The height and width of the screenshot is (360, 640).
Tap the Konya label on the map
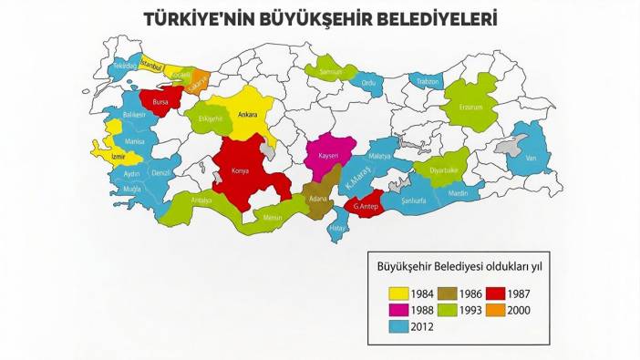(241, 170)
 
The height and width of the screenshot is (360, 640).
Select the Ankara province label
(247, 115)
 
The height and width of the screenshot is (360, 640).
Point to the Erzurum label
(470, 106)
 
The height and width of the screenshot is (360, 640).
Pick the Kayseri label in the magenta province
(328, 156)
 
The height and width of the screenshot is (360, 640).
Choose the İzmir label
(117, 156)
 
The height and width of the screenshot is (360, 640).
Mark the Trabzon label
(428, 82)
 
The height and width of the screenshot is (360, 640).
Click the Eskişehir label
(211, 118)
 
